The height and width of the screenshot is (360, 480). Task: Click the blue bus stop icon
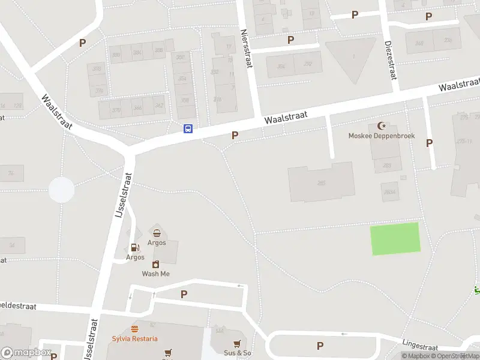click(x=188, y=128)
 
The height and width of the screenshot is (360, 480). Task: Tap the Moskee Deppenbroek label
click(x=382, y=136)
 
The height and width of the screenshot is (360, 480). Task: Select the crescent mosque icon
click(x=381, y=125)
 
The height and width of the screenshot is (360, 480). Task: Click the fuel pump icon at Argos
click(x=135, y=247)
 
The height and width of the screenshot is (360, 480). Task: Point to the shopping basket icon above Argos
click(x=157, y=233)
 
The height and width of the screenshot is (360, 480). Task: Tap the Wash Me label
click(x=155, y=274)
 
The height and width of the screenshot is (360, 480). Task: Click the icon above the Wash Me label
click(x=155, y=264)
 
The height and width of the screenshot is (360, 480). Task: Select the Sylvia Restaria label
click(x=135, y=338)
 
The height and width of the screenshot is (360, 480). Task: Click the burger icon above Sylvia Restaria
click(x=135, y=329)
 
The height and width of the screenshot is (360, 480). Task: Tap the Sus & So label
click(x=237, y=353)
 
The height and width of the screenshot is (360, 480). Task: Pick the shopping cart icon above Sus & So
click(x=237, y=343)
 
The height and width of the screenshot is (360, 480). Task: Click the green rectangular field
click(x=395, y=238)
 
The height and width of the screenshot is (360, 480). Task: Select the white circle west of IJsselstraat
click(x=61, y=190)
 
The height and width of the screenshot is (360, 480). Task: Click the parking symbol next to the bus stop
click(x=235, y=136)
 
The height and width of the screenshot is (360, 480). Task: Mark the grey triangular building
click(x=350, y=58)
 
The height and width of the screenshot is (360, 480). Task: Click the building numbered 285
click(x=321, y=182)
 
